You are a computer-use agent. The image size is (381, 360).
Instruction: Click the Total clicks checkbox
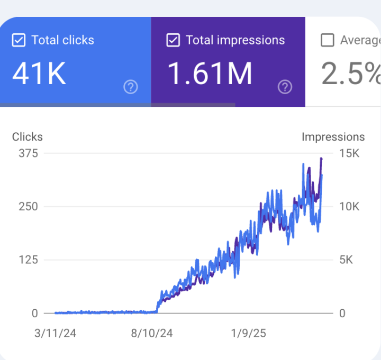tap(19, 41)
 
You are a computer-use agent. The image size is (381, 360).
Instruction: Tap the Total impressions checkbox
tap(173, 41)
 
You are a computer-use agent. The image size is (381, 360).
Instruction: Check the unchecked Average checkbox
tap(328, 41)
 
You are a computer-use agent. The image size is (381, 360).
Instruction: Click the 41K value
tap(40, 74)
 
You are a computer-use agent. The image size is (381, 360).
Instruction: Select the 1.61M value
tap(210, 74)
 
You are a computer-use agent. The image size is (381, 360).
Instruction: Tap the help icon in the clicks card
tap(130, 87)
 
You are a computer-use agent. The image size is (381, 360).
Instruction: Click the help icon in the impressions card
tap(285, 87)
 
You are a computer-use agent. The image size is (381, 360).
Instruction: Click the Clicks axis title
tap(28, 137)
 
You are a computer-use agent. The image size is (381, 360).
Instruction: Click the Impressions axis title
tap(333, 137)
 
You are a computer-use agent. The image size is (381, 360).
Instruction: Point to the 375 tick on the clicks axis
tap(28, 154)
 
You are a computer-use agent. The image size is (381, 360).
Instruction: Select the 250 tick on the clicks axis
tap(28, 207)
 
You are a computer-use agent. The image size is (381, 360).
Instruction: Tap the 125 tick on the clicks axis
tap(28, 260)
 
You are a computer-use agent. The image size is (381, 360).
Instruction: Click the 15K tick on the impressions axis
tap(349, 154)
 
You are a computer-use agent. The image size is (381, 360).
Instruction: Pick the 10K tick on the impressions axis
tap(349, 207)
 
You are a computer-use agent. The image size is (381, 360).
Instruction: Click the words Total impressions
tap(235, 41)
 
